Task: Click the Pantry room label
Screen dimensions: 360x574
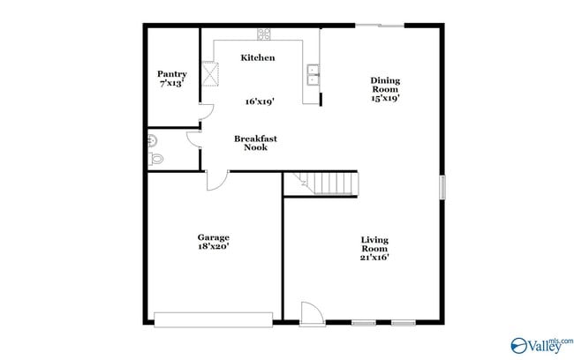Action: tap(172, 74)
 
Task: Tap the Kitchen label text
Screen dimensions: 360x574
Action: tap(258, 57)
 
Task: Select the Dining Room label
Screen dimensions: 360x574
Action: tap(385, 85)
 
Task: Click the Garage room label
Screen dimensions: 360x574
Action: tap(213, 237)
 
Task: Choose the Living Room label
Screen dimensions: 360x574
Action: tap(374, 244)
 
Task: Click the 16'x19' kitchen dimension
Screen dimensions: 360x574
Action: tap(259, 101)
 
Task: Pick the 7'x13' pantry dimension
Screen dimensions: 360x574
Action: tap(172, 83)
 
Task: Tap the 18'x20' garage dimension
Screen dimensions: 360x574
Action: tap(213, 248)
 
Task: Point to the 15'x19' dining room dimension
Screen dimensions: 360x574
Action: tap(385, 99)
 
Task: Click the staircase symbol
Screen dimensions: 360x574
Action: tap(328, 184)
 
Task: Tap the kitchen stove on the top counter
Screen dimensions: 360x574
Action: tap(264, 34)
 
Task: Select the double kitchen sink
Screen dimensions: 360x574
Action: tap(313, 74)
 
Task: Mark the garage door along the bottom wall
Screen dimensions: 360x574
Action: tap(213, 318)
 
